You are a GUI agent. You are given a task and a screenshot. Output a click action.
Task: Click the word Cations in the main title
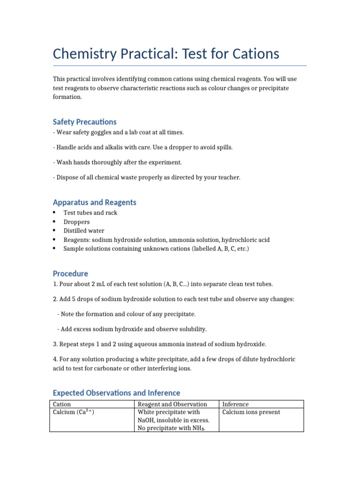pyautogui.click(x=254, y=54)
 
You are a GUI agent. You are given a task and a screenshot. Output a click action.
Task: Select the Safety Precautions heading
pyautogui.click(x=85, y=122)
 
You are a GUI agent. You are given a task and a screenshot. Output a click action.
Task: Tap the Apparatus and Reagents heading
pyautogui.click(x=95, y=202)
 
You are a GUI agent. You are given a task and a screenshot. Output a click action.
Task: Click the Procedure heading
pyautogui.click(x=70, y=274)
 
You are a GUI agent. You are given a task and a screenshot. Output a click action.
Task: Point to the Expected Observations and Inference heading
pyautogui.click(x=116, y=393)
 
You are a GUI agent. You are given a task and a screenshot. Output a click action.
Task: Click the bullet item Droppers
pyautogui.click(x=77, y=222)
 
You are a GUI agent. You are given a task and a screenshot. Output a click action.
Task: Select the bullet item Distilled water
pyautogui.click(x=84, y=231)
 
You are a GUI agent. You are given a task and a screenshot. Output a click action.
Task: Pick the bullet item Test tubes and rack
pyautogui.click(x=90, y=213)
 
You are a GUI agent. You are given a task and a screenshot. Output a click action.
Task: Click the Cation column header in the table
pyautogui.click(x=62, y=404)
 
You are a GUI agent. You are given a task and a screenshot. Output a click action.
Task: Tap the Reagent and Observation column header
pyautogui.click(x=172, y=404)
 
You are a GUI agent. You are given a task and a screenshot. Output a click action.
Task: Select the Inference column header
pyautogui.click(x=235, y=404)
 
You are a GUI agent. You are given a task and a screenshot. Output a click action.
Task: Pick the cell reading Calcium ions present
pyautogui.click(x=251, y=412)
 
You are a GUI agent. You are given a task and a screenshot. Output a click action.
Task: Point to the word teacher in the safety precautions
pyautogui.click(x=229, y=178)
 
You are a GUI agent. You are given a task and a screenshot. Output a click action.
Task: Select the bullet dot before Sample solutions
pyautogui.click(x=55, y=248)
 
